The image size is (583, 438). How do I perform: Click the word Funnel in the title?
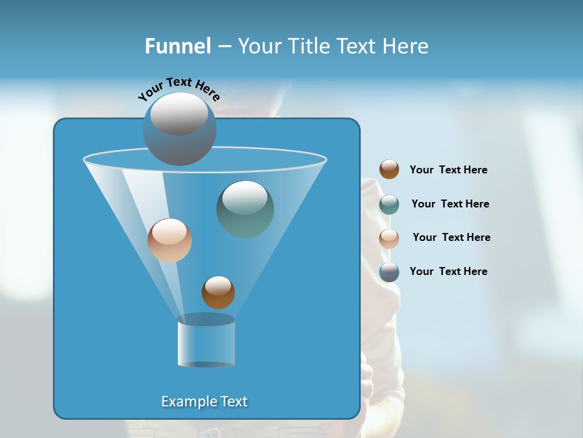tap(177, 46)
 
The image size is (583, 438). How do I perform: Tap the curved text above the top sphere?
tap(179, 88)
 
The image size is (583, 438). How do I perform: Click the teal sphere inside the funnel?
tap(245, 209)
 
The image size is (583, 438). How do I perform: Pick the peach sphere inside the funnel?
tap(169, 240)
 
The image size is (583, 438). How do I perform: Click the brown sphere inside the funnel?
tap(218, 293)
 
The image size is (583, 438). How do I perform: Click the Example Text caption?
tap(205, 401)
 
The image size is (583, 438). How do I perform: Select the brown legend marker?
tap(389, 170)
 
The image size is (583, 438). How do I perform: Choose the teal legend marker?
tap(389, 204)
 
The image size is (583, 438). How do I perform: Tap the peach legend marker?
tap(389, 238)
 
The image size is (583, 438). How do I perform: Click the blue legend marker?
tap(389, 272)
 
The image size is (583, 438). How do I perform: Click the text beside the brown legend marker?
tap(448, 170)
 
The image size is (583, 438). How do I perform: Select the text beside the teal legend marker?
tap(450, 204)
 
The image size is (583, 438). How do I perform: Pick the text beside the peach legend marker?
tap(451, 238)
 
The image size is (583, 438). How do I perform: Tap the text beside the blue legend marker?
tap(448, 272)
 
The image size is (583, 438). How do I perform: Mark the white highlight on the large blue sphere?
tap(179, 113)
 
